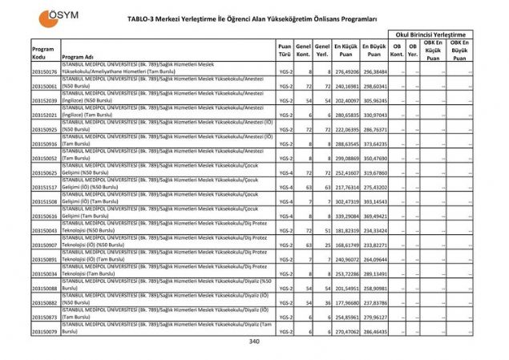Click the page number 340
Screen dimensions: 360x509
[254, 342]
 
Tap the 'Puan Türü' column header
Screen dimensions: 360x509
[284, 52]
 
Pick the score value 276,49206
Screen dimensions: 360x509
[345, 72]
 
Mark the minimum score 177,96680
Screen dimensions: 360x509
[345, 302]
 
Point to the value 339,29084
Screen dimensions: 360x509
[345, 216]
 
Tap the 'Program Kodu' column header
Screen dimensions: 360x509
[43, 52]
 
